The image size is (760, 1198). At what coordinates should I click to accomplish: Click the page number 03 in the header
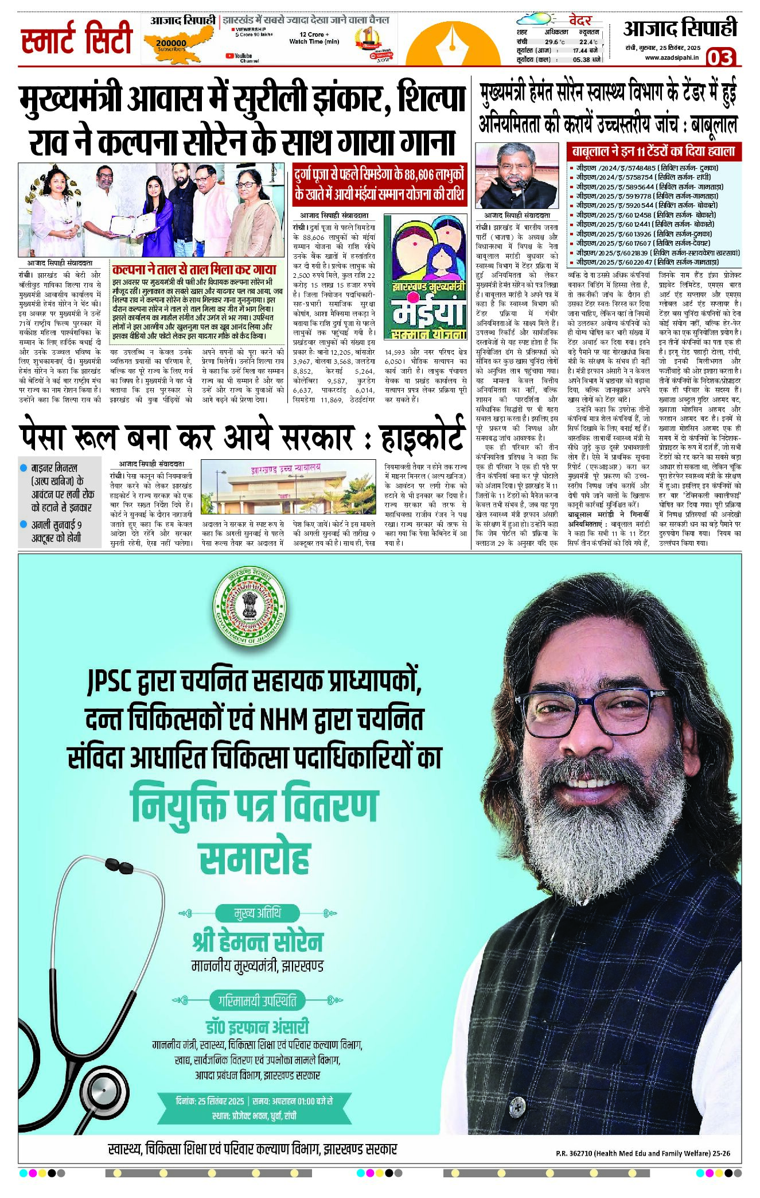point(720,57)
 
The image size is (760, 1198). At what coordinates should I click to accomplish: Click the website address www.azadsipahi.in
point(672,57)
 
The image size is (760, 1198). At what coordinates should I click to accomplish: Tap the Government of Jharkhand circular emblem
point(250,605)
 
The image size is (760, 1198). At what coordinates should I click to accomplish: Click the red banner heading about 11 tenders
point(653,152)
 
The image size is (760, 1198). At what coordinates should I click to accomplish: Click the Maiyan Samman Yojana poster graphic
point(425,278)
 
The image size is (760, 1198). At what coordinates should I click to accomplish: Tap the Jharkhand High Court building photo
point(289,487)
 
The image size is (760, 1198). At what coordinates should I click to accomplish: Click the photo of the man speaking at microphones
point(517,176)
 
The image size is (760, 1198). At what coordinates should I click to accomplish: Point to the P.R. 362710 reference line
point(643,1153)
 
